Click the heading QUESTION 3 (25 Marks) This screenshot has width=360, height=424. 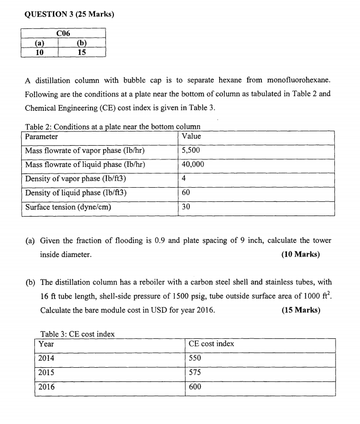pyautogui.click(x=70, y=15)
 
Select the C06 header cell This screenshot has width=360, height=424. pyautogui.click(x=63, y=33)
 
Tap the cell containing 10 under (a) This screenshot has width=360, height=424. pyautogui.click(x=39, y=52)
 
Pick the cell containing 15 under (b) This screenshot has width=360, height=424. pyautogui.click(x=82, y=52)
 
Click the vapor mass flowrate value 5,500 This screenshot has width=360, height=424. pyautogui.click(x=191, y=151)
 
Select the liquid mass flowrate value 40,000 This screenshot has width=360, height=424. pyautogui.click(x=194, y=165)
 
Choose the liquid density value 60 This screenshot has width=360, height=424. pyautogui.click(x=187, y=193)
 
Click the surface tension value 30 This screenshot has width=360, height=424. pyautogui.click(x=187, y=207)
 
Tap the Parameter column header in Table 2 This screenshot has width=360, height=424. pyautogui.click(x=41, y=136)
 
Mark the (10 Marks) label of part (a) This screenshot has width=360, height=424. pyautogui.click(x=301, y=254)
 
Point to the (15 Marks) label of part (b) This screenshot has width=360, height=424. pyautogui.click(x=301, y=310)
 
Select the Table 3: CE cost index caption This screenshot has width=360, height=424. pyautogui.click(x=77, y=334)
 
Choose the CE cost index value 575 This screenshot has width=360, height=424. pyautogui.click(x=195, y=372)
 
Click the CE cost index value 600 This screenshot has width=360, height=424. pyautogui.click(x=195, y=387)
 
